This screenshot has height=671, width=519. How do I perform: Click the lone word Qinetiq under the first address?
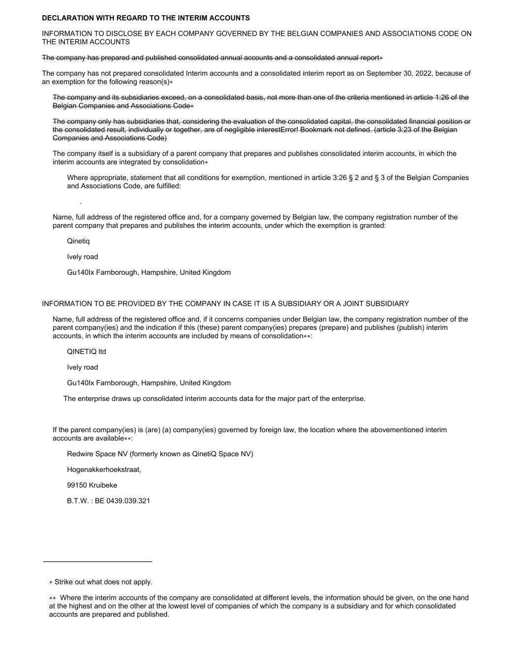(x=78, y=241)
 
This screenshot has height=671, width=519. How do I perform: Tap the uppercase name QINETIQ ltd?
(x=87, y=352)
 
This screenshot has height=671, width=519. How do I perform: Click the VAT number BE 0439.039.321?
(x=122, y=501)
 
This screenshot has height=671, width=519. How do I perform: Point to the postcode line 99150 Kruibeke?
(x=92, y=485)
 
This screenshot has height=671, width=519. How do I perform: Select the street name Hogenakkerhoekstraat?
(x=104, y=469)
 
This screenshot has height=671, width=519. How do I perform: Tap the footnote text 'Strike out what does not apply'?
(x=103, y=582)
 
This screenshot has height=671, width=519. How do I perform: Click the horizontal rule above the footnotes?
(x=97, y=561)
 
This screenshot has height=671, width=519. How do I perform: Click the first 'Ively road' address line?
(x=83, y=257)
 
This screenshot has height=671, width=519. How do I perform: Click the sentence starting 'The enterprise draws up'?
(x=214, y=399)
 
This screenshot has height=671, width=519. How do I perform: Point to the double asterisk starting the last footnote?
(x=53, y=598)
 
